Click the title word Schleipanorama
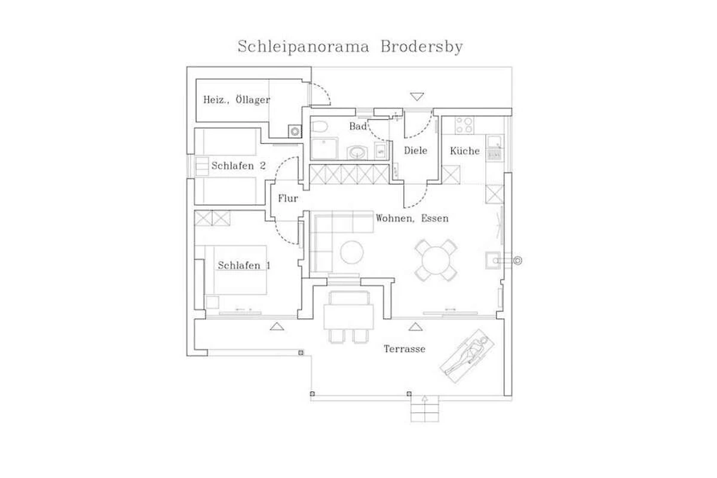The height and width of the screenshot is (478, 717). pos(303,47)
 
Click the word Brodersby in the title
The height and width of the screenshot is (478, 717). pos(422,47)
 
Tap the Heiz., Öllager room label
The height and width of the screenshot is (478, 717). pos(237,100)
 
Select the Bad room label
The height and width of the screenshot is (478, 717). pos(358,127)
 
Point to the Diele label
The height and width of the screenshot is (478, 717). pos(415,151)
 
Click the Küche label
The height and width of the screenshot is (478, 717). pos(465,151)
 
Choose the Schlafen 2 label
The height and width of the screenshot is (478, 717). pos(238,166)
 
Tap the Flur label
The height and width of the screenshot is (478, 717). pos(288,198)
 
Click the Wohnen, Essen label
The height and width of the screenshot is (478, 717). pos(412,218)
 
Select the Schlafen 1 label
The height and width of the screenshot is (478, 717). pos(244,265)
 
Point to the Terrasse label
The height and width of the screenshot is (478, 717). pos(405,349)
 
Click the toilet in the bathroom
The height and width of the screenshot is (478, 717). pos(319,127)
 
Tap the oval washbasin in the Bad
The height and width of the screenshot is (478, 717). pos(357,153)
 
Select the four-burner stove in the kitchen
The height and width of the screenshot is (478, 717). pos(464,125)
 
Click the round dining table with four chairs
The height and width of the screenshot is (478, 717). pos(436,261)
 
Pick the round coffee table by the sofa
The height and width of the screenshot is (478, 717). pos(352,252)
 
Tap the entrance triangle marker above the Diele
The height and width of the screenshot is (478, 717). pos(417,96)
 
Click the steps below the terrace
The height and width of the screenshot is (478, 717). pos(425,409)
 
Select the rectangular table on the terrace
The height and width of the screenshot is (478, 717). pos(348,317)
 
